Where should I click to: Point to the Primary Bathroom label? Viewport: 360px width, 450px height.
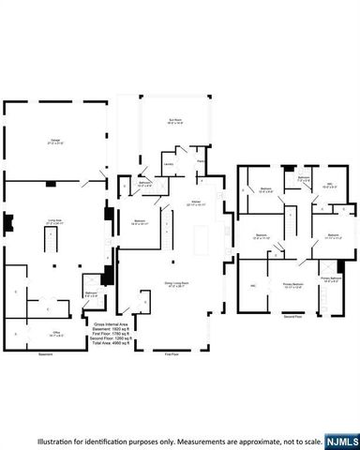330,278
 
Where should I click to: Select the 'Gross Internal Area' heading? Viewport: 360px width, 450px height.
111,322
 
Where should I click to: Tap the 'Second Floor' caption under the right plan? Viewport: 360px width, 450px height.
294,319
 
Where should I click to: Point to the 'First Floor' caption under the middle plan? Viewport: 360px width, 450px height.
172,355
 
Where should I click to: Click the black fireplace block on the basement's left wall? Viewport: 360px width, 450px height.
7,224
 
